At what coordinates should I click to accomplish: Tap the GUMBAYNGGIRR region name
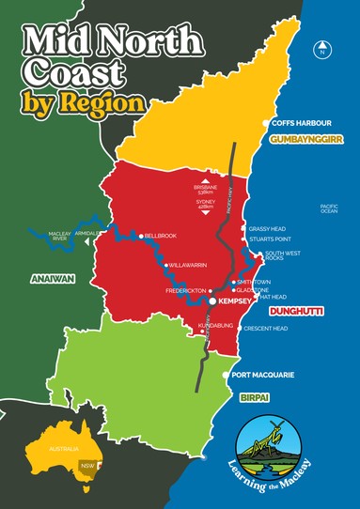(303, 138)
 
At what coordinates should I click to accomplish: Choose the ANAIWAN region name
(38, 277)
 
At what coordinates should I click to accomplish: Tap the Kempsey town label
(236, 302)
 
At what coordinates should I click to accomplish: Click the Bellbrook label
(161, 236)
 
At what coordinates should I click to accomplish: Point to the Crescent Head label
(265, 329)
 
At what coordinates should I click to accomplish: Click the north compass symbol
(322, 51)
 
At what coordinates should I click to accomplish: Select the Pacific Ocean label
(328, 208)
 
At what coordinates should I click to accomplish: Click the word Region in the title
(112, 100)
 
